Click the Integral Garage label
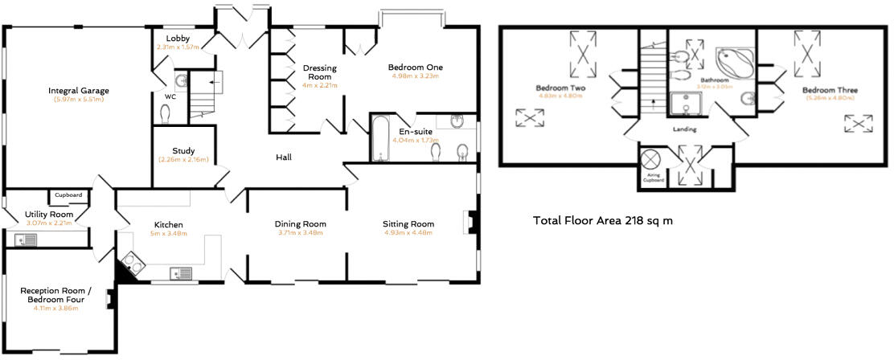(x=77, y=91)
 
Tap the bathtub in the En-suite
(x=380, y=138)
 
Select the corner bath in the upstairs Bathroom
(x=732, y=60)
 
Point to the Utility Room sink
(x=22, y=239)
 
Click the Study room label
(x=184, y=150)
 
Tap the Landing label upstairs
(x=686, y=129)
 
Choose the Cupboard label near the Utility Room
(x=68, y=194)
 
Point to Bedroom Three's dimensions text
(x=829, y=100)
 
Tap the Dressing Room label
(x=318, y=72)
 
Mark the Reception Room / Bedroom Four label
(x=56, y=295)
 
